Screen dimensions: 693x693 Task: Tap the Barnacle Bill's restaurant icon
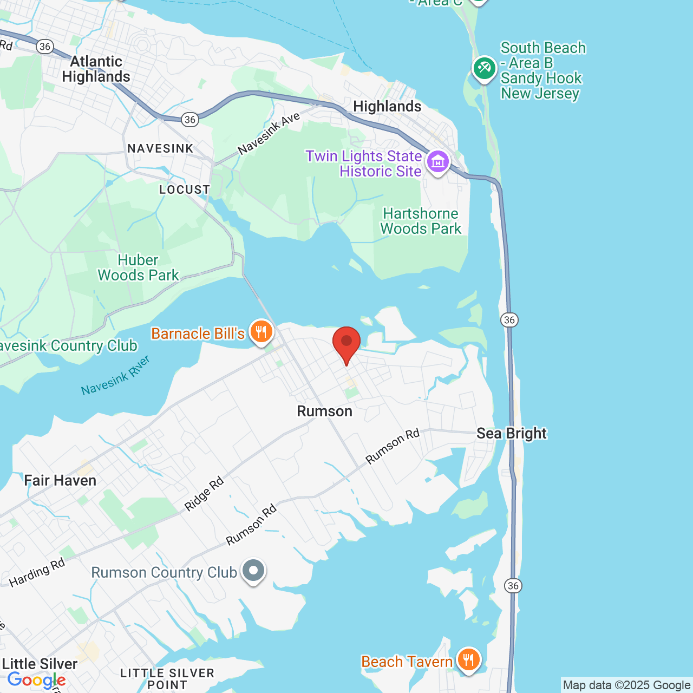pyautogui.click(x=261, y=331)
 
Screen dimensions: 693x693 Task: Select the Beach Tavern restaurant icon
pyautogui.click(x=468, y=659)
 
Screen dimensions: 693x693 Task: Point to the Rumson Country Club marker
pyautogui.click(x=253, y=571)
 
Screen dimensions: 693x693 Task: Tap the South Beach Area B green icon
pyautogui.click(x=484, y=69)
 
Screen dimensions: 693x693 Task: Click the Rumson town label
pyautogui.click(x=324, y=411)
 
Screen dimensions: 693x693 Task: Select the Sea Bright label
pyautogui.click(x=512, y=434)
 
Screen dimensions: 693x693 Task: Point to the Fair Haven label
pyautogui.click(x=60, y=481)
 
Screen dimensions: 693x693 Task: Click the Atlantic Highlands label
pyautogui.click(x=96, y=69)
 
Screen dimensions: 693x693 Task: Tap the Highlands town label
pyautogui.click(x=387, y=107)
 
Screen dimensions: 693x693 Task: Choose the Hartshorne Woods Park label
pyautogui.click(x=421, y=221)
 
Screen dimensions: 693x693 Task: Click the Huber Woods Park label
pyautogui.click(x=138, y=268)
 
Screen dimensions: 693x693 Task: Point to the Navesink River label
pyautogui.click(x=115, y=375)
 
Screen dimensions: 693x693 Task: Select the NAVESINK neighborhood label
pyautogui.click(x=160, y=149)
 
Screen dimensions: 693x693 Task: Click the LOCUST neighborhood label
pyautogui.click(x=185, y=190)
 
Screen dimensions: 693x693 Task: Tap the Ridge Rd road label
pyautogui.click(x=204, y=494)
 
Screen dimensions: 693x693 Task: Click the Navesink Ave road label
pyautogui.click(x=269, y=133)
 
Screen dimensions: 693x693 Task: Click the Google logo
pyautogui.click(x=36, y=680)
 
